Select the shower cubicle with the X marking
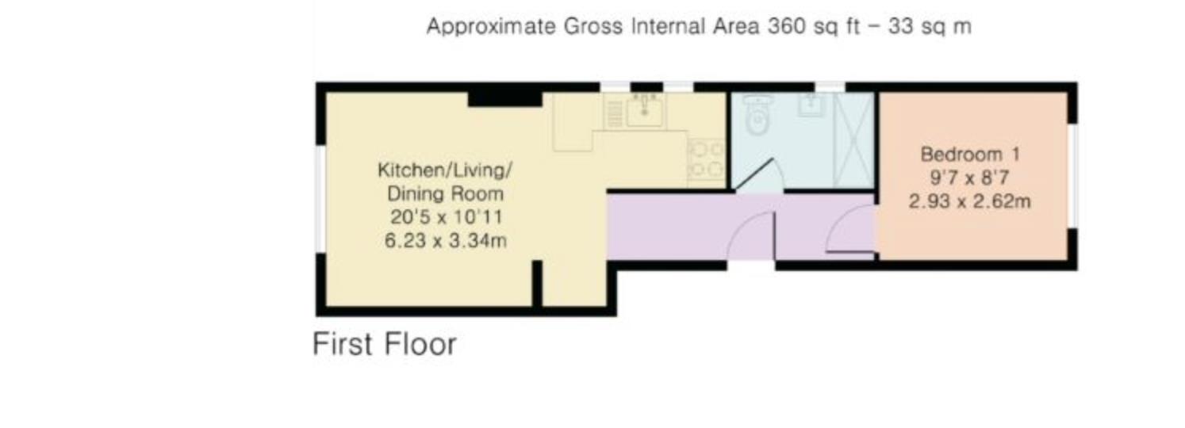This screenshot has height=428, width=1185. (853, 140)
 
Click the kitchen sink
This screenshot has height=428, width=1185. (646, 112)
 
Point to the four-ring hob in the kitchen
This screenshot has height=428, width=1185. (705, 159)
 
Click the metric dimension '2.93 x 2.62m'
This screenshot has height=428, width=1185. (969, 202)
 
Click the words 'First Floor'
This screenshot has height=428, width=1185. (385, 345)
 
